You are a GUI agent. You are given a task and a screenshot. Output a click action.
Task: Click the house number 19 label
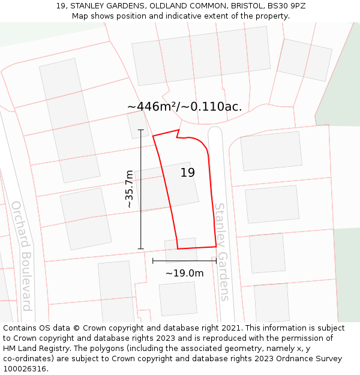tap(188, 173)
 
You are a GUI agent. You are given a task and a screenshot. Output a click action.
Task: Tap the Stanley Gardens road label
tap(221, 252)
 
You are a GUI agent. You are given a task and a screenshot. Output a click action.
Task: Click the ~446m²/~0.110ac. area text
tap(185, 107)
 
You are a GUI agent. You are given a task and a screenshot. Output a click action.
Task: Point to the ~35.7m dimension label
tap(128, 188)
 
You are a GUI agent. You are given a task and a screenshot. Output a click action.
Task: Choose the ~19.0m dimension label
tap(185, 274)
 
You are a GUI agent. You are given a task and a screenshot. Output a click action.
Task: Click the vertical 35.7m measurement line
tap(141, 189)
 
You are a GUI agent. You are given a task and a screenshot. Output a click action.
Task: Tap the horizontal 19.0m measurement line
tap(184, 261)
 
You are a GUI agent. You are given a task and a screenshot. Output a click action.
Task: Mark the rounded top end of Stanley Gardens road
tap(215, 131)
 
